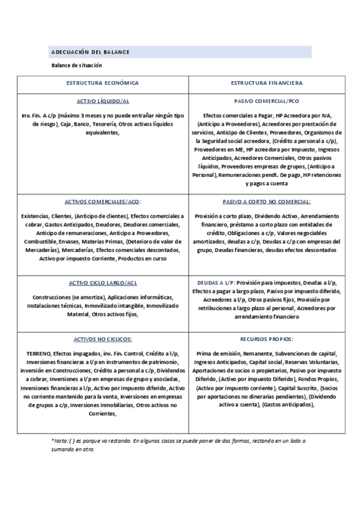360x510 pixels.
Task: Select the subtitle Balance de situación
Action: pyautogui.click(x=76, y=65)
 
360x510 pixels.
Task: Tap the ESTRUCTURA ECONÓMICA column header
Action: pyautogui.click(x=102, y=83)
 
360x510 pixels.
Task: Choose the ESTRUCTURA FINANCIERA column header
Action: pyautogui.click(x=266, y=83)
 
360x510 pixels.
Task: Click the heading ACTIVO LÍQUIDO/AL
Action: pyautogui.click(x=103, y=101)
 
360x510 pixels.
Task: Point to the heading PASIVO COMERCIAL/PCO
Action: pyautogui.click(x=266, y=101)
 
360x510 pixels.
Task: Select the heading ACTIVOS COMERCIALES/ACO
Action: pyautogui.click(x=103, y=202)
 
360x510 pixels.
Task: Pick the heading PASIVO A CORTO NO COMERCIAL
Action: pyautogui.click(x=266, y=202)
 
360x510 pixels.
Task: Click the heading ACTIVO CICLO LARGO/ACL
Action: pyautogui.click(x=103, y=281)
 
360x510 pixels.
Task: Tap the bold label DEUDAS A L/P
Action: pyautogui.click(x=216, y=281)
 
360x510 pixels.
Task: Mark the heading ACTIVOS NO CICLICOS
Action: pyautogui.click(x=103, y=339)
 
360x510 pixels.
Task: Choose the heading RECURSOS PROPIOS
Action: pyautogui.click(x=266, y=339)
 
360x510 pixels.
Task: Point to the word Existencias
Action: pyautogui.click(x=35, y=215)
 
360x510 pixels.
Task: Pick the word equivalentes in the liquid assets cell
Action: pyautogui.click(x=102, y=134)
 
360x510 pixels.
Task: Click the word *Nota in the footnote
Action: pyautogui.click(x=59, y=441)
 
